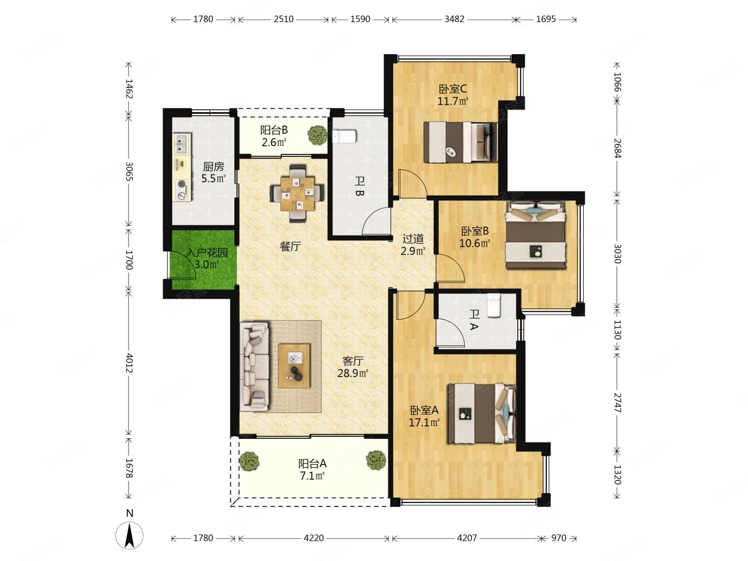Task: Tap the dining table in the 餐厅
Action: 297,193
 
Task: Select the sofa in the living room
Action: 254,367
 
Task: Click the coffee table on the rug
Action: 294,366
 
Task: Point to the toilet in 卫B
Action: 345,136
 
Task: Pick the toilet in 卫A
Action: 493,305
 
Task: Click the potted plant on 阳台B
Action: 318,135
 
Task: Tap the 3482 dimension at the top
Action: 454,19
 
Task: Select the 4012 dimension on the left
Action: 129,363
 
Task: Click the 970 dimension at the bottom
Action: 558,538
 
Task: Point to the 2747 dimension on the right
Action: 617,402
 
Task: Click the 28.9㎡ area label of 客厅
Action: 353,373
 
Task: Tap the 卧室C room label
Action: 452,89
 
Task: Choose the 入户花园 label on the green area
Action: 207,253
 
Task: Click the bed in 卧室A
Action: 481,414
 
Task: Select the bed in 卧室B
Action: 535,235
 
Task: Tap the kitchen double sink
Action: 181,144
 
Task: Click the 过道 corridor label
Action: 413,239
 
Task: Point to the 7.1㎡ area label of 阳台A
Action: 312,476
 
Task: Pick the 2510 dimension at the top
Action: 283,19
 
